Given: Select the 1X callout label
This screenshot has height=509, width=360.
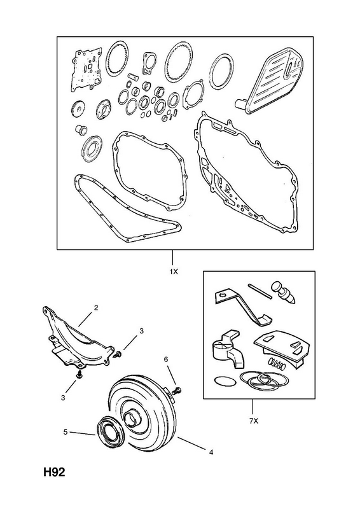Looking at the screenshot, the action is (x=174, y=272).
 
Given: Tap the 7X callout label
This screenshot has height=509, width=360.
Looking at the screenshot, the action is (x=254, y=421).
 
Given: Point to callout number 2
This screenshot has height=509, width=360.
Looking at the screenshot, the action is (x=96, y=307).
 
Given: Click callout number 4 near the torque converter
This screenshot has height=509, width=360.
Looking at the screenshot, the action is (x=211, y=452).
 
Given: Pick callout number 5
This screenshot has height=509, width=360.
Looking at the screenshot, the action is (x=66, y=433).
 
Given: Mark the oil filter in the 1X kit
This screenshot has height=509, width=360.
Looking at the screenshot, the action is (x=270, y=85).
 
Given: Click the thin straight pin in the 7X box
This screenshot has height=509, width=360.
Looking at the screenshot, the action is (x=260, y=291).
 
